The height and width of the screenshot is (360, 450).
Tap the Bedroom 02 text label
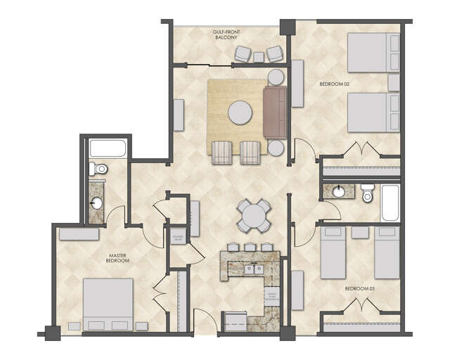(x=334, y=84)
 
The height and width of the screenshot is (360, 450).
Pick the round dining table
(x=253, y=216)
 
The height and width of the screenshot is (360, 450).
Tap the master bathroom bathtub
(x=108, y=148)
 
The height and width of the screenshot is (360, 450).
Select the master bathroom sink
(x=96, y=203)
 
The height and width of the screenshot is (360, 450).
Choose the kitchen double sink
(x=253, y=268)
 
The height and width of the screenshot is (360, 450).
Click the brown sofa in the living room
(x=275, y=112)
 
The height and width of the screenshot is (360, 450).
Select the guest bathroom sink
(x=339, y=191)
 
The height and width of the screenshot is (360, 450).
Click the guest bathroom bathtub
(x=390, y=202)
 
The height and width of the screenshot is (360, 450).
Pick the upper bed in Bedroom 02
(x=373, y=53)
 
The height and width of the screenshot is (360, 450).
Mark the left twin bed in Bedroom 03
(x=333, y=251)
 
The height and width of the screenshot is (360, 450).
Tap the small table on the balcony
(x=259, y=56)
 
